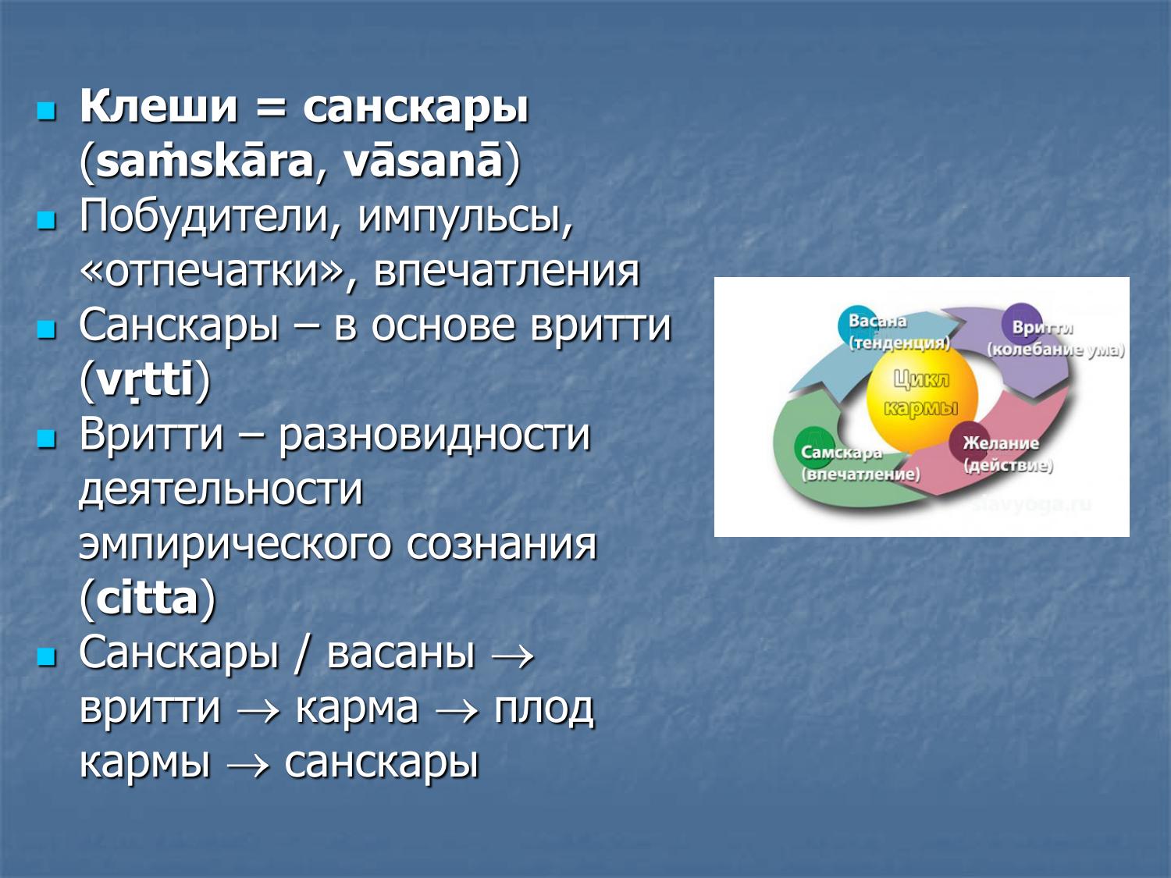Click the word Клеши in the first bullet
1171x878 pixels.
point(158,107)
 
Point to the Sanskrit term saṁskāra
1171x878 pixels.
point(205,162)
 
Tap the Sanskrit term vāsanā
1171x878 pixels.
point(423,162)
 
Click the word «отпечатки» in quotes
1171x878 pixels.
point(212,272)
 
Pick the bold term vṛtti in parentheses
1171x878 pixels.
point(144,381)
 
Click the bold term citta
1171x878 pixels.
point(147,599)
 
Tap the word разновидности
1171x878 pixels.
point(434,435)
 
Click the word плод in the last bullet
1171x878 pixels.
point(543,709)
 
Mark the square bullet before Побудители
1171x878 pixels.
point(47,220)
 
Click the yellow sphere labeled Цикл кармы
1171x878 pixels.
point(921,394)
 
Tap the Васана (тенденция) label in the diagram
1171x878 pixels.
point(898,332)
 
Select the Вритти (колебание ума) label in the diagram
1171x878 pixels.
point(1054,339)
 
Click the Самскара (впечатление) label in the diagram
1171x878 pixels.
point(859,463)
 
